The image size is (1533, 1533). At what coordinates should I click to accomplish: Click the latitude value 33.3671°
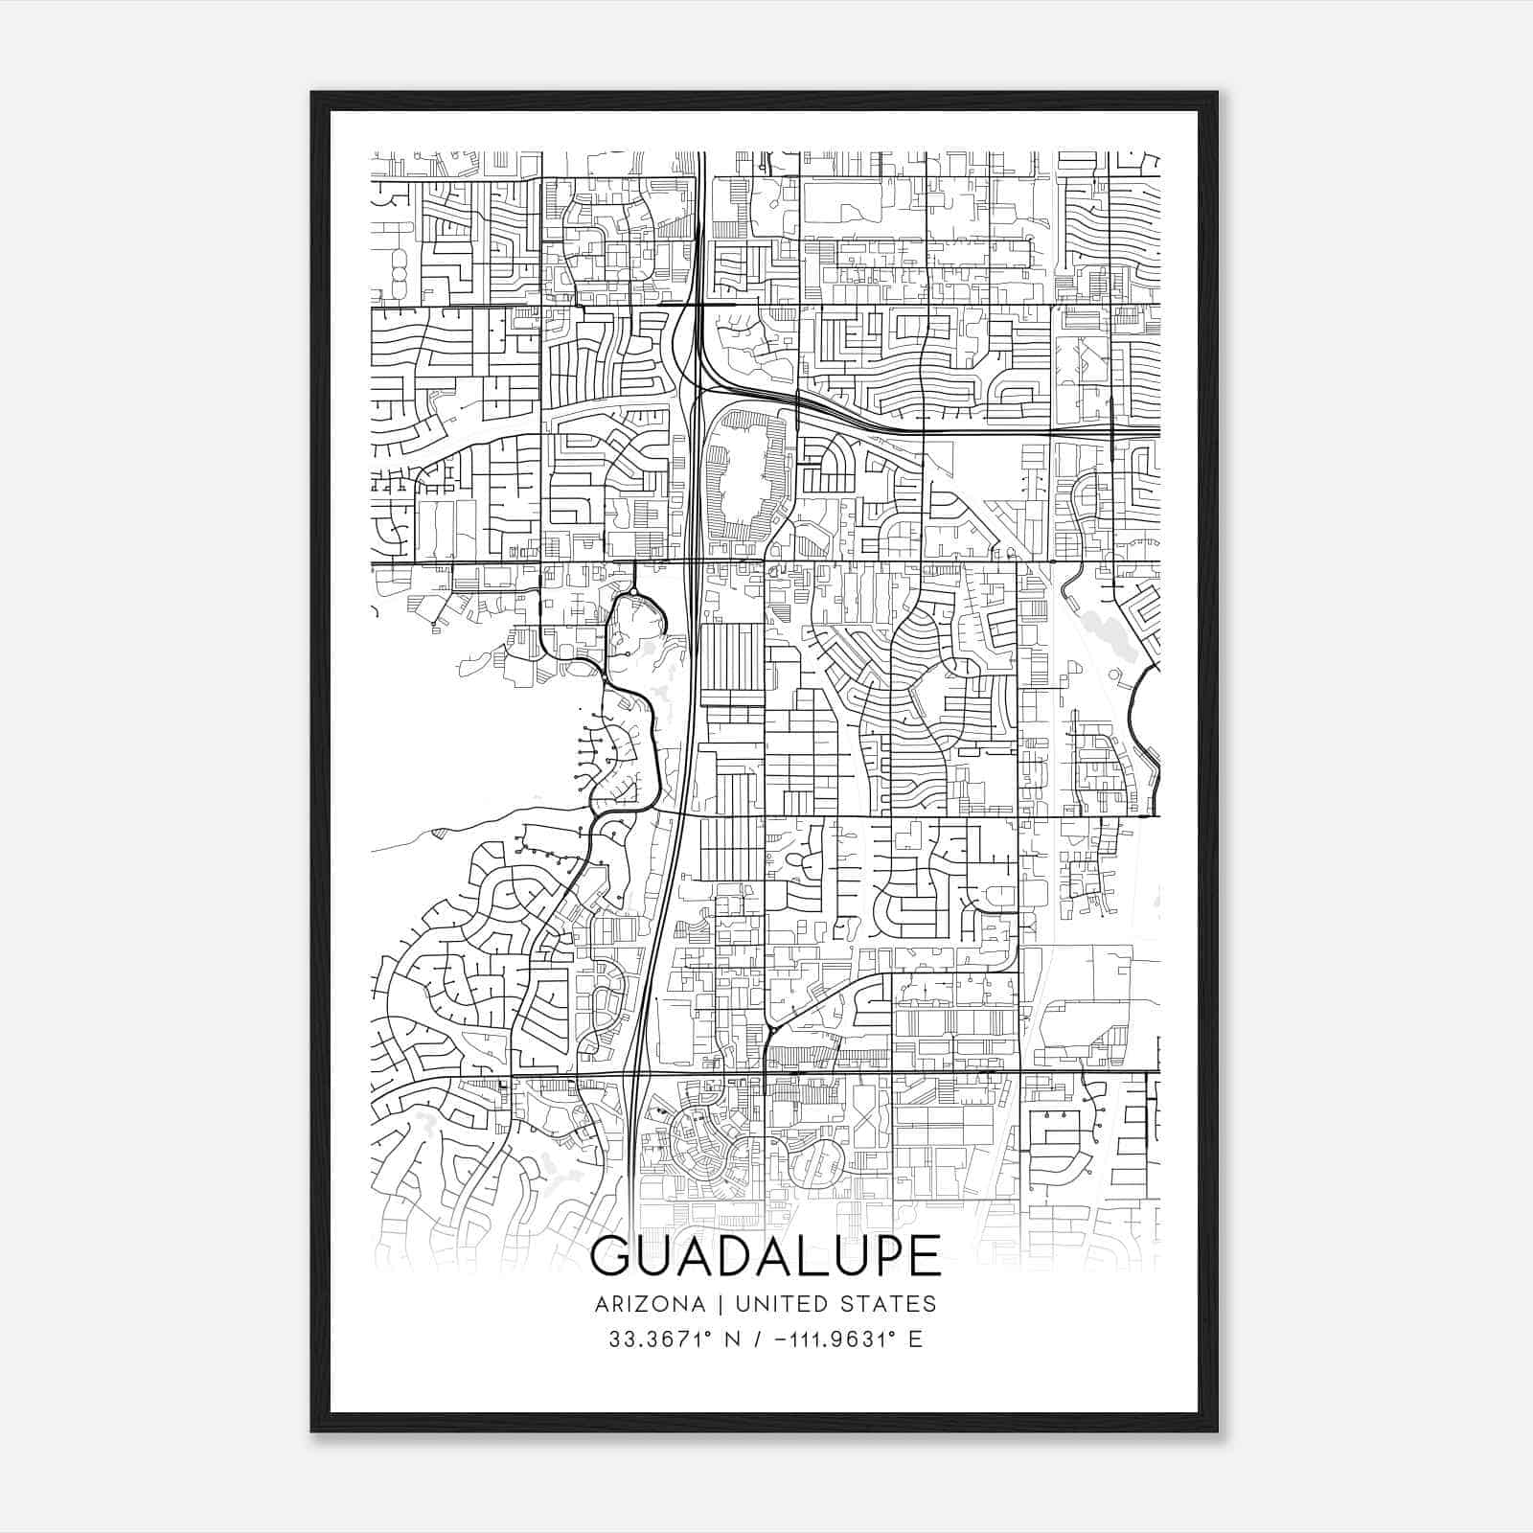661,1339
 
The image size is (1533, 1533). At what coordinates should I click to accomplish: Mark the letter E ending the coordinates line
915,1339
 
